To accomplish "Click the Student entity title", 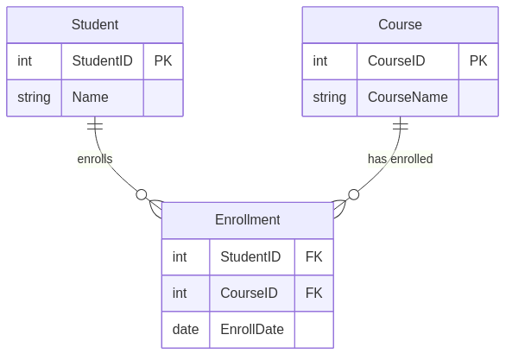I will click(x=95, y=25).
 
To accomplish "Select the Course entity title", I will click(x=400, y=25).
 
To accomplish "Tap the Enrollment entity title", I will click(x=247, y=220).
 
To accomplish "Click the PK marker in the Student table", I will click(x=163, y=61).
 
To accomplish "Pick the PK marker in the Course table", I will click(x=478, y=61).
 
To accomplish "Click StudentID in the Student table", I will click(x=102, y=61).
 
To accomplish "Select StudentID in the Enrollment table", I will click(x=250, y=257).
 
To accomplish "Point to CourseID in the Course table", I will click(x=397, y=61).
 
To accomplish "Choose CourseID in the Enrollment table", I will click(x=249, y=294).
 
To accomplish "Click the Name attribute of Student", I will click(x=90, y=98).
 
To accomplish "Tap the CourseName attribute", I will click(x=408, y=98).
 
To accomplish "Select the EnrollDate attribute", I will click(x=252, y=330).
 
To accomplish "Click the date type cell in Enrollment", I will click(x=186, y=330).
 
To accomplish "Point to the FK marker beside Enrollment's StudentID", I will click(x=314, y=257).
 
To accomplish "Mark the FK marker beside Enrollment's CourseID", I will click(x=314, y=294).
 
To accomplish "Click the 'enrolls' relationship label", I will click(x=95, y=159).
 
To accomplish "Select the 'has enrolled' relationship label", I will click(x=400, y=159).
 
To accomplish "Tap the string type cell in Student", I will click(x=34, y=98).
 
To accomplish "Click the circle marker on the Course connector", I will click(x=353, y=194).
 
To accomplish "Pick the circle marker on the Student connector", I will click(x=142, y=194).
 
